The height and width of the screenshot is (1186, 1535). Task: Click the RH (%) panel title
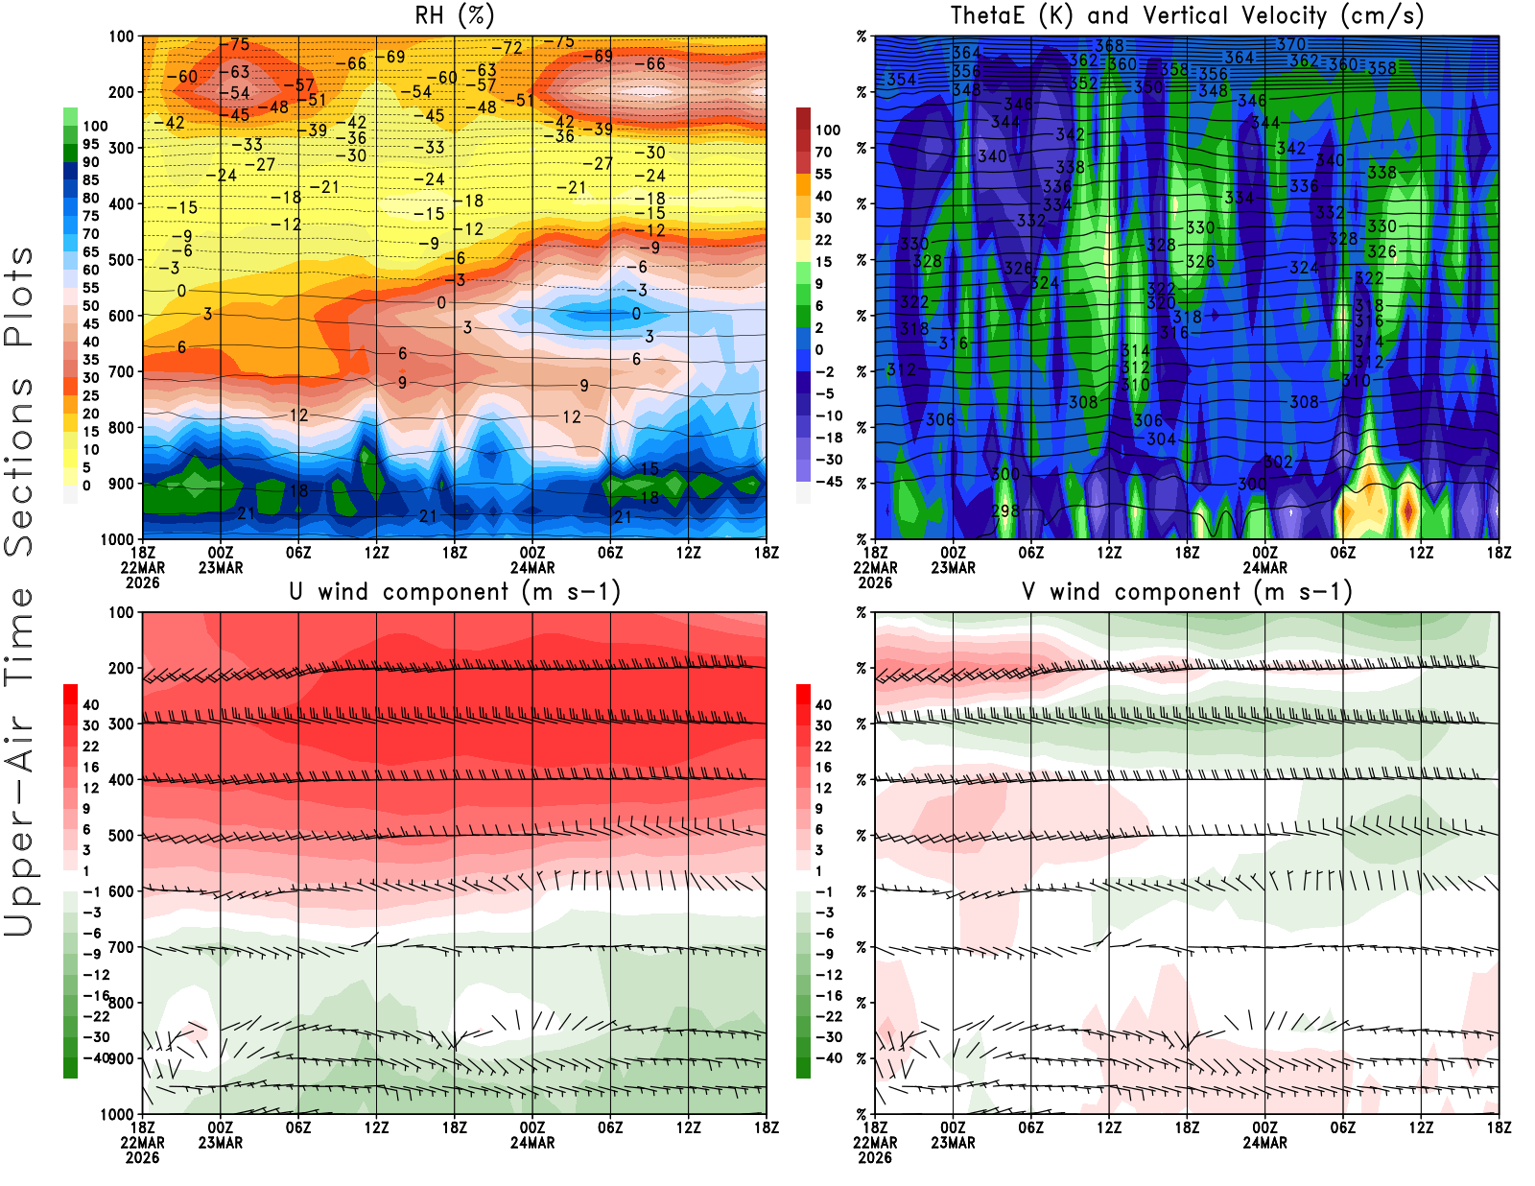[455, 15]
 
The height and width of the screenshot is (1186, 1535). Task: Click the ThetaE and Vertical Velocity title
[1187, 15]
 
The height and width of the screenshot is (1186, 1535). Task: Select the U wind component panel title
[455, 591]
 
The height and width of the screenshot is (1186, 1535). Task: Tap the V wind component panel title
[1187, 591]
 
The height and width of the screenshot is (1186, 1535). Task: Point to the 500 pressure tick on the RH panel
[121, 260]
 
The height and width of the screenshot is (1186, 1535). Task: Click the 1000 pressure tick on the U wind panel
[117, 1114]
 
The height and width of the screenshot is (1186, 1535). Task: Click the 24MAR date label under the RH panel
[532, 567]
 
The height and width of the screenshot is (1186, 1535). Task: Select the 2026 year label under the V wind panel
[875, 1157]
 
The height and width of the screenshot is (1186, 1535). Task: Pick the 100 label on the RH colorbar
[95, 126]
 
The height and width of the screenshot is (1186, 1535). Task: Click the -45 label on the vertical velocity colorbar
[829, 482]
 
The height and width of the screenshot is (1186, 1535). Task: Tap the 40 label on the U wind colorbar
[91, 705]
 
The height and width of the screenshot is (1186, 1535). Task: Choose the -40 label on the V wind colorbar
[829, 1057]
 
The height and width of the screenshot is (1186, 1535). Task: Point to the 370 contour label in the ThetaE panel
[1290, 44]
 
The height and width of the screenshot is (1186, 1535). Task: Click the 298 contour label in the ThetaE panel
[1004, 510]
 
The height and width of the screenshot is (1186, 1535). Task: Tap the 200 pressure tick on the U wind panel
[121, 668]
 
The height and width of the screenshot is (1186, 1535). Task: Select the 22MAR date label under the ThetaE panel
[875, 567]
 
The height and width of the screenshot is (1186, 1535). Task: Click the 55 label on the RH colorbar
[91, 288]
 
